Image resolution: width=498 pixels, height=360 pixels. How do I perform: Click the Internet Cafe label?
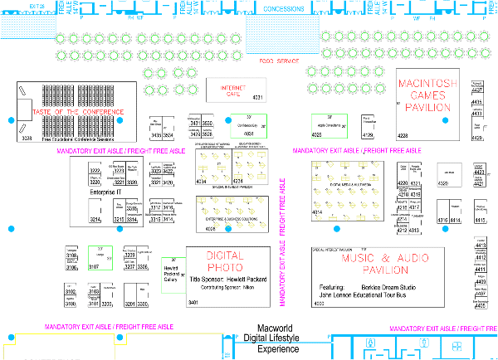pyautogui.click(x=235, y=90)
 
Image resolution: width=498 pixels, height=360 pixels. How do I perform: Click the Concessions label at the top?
pyautogui.click(x=284, y=9)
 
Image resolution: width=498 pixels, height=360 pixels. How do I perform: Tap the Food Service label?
pyautogui.click(x=278, y=61)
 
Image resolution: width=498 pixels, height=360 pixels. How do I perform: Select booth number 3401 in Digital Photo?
pyautogui.click(x=193, y=304)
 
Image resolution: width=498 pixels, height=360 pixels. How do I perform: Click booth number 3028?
pyautogui.click(x=26, y=138)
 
